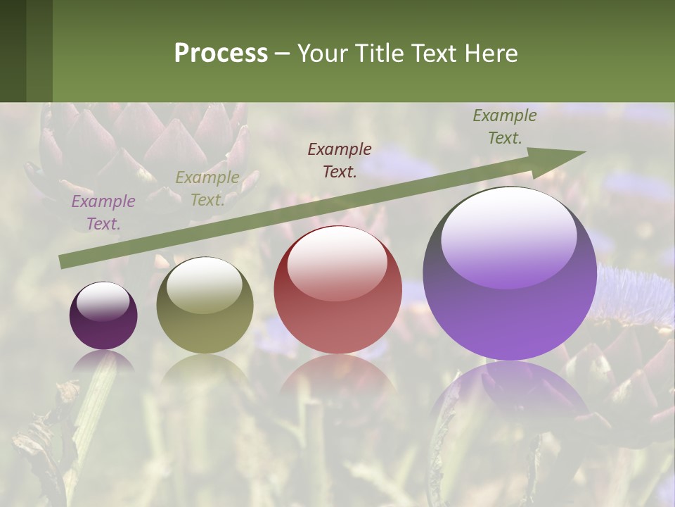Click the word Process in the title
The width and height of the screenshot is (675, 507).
pyautogui.click(x=221, y=54)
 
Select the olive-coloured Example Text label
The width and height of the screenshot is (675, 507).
pyautogui.click(x=207, y=189)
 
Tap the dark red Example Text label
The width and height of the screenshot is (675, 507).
pyautogui.click(x=340, y=160)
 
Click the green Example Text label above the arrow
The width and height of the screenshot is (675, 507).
pyautogui.click(x=505, y=127)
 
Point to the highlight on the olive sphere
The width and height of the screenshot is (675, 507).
pyautogui.click(x=205, y=284)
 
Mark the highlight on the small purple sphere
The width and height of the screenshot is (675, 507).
pyautogui.click(x=103, y=301)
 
